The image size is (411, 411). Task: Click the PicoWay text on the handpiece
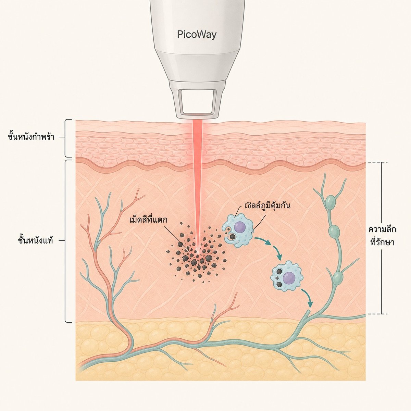click(x=197, y=34)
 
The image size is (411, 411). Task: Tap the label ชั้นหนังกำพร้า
click(x=31, y=137)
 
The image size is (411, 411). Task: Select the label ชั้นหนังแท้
click(x=35, y=240)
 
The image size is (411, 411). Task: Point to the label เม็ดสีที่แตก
click(x=148, y=220)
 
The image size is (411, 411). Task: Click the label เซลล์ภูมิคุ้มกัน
click(x=267, y=206)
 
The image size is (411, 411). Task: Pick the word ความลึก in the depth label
click(x=382, y=230)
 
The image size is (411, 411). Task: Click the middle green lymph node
click(x=334, y=232)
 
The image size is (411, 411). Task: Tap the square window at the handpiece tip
click(x=197, y=101)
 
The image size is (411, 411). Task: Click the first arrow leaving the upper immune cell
click(x=263, y=240)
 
